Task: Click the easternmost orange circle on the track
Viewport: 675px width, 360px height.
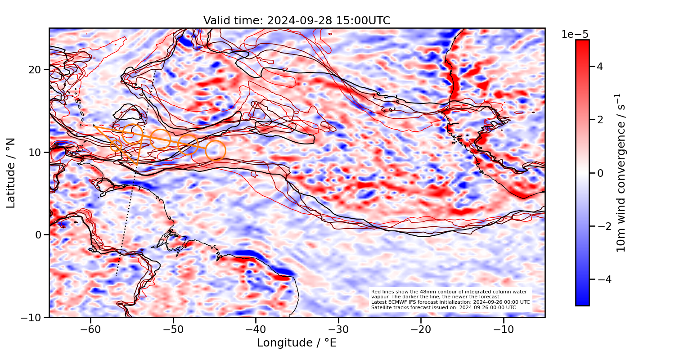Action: (x=216, y=151)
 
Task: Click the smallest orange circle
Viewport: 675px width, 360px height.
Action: (x=116, y=145)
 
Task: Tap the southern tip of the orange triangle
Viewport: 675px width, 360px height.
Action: (x=137, y=165)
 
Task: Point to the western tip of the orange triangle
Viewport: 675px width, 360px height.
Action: (x=94, y=126)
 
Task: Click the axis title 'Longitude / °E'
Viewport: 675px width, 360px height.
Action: (x=297, y=343)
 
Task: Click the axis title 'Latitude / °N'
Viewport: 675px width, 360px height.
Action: (x=11, y=173)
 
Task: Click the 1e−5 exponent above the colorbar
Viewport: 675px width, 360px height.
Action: (x=575, y=35)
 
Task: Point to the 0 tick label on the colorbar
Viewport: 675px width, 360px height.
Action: (x=599, y=173)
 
